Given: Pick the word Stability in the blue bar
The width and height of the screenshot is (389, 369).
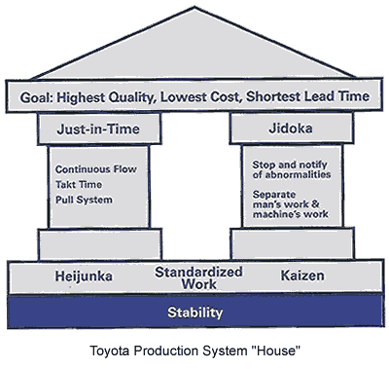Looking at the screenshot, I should point(194,313).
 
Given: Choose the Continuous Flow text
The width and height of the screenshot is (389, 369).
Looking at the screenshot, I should point(93,168).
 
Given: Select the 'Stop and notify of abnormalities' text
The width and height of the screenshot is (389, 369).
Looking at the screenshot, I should point(291,169).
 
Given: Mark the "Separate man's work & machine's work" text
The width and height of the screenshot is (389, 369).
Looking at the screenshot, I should point(291,202).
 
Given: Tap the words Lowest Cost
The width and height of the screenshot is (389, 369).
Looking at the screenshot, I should point(222,98).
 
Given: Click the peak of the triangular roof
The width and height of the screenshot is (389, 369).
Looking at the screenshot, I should point(197,9).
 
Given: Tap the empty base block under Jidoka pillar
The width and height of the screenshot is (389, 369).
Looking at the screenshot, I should point(293,242).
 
